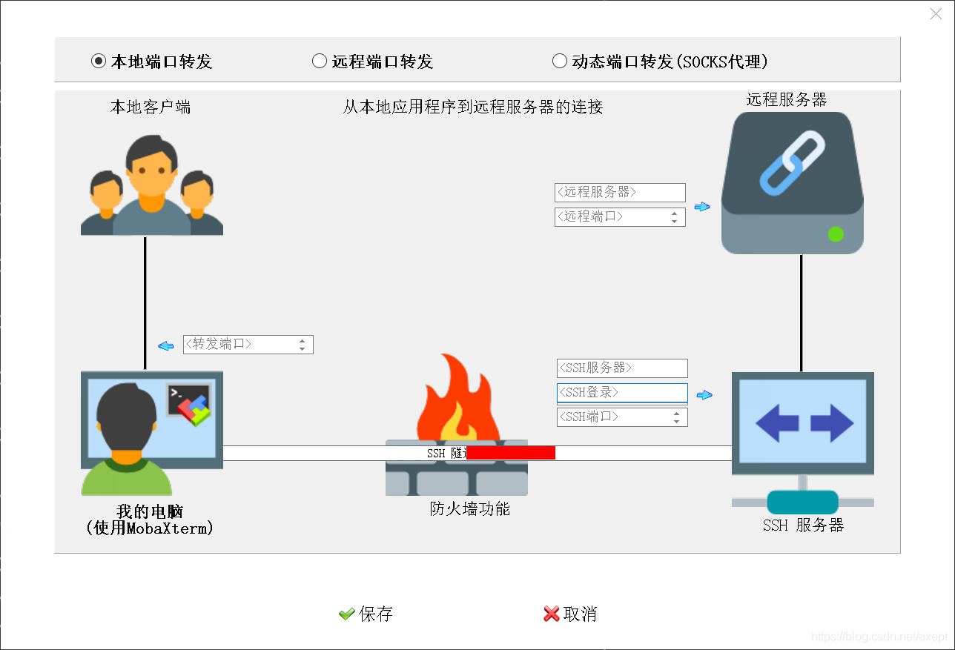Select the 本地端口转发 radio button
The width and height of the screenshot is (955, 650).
tap(99, 62)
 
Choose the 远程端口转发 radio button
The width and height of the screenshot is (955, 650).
tap(320, 62)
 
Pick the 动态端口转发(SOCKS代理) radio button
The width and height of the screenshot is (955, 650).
tap(560, 62)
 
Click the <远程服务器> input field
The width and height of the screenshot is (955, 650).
tap(620, 193)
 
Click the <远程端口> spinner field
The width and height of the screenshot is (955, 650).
tap(612, 217)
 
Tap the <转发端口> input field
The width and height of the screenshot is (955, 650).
tap(239, 345)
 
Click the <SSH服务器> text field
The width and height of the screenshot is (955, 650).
tap(622, 368)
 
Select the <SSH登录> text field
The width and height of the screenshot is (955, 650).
tap(622, 393)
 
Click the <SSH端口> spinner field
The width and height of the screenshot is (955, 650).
tap(614, 417)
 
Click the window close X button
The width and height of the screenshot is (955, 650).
tap(936, 14)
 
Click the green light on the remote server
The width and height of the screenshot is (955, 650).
tap(836, 234)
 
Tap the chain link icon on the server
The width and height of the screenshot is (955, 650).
tap(792, 163)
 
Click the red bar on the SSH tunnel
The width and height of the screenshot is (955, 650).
tap(511, 453)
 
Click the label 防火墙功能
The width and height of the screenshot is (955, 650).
tap(470, 509)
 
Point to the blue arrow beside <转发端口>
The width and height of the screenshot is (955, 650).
tap(166, 345)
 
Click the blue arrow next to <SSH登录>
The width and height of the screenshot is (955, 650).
tap(704, 395)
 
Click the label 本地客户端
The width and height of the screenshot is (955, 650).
tap(151, 107)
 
